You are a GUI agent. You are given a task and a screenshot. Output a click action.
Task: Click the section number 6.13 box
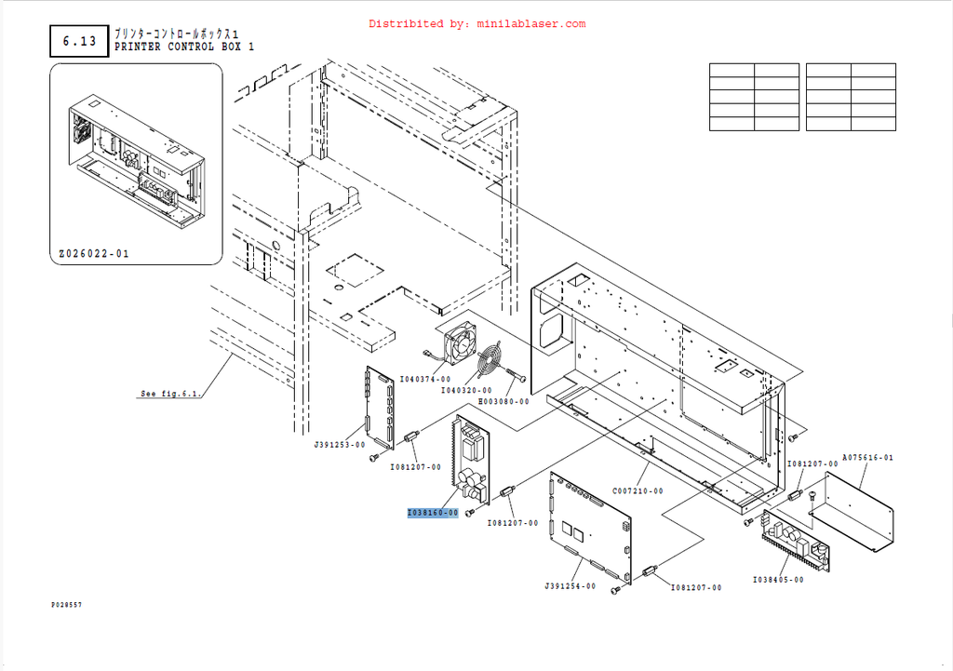[x=79, y=41]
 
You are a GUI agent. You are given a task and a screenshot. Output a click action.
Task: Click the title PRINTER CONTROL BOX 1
[x=183, y=47]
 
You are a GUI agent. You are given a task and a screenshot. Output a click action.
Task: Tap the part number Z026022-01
[x=94, y=253]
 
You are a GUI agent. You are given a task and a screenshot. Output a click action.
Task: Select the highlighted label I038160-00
[x=433, y=513]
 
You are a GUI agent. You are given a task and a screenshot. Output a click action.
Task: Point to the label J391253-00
[x=339, y=445]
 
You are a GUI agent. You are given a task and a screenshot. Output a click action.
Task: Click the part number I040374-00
[x=425, y=379]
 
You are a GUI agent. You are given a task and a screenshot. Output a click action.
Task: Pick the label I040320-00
[x=466, y=390]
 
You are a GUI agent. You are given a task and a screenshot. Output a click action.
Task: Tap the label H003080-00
[x=503, y=402]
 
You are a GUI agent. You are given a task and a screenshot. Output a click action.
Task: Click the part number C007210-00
[x=638, y=490]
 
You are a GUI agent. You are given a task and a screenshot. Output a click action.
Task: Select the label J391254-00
[x=570, y=586]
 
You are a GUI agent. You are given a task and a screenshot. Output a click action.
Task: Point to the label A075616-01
[x=868, y=457]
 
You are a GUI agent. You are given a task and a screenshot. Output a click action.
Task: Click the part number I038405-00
[x=778, y=579]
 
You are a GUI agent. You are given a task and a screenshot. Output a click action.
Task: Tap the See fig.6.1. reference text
[x=170, y=394]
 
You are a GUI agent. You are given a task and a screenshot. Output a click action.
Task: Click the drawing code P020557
[x=66, y=605]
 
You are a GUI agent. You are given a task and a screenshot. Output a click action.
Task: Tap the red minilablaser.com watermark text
[x=477, y=24]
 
